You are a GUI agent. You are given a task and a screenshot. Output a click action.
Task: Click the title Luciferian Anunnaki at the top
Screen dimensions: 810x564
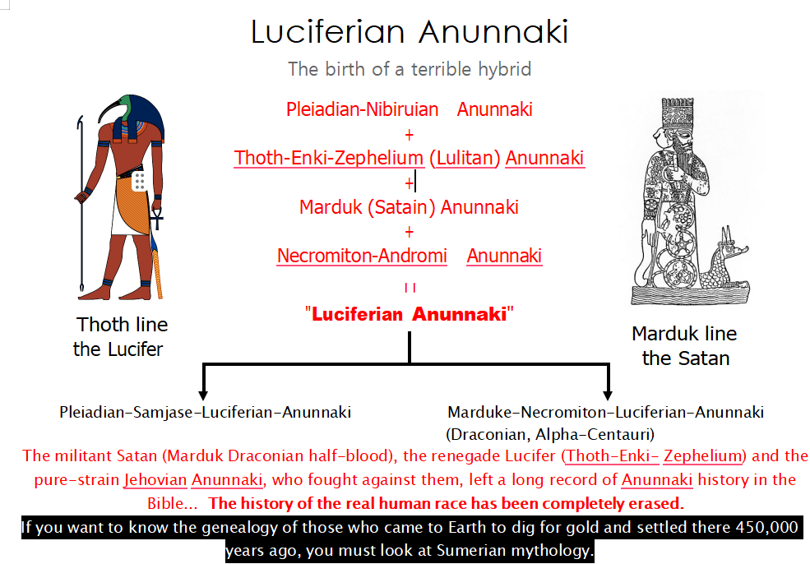pyautogui.click(x=410, y=31)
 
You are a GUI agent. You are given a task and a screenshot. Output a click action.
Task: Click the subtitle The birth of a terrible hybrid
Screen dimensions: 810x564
pyautogui.click(x=410, y=69)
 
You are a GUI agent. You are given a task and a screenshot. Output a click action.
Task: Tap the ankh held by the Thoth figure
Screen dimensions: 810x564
pyautogui.click(x=156, y=219)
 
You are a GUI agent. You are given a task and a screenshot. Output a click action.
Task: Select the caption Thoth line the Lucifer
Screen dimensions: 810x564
pyautogui.click(x=120, y=337)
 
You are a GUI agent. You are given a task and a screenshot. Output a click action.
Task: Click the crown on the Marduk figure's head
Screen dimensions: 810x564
pyautogui.click(x=678, y=113)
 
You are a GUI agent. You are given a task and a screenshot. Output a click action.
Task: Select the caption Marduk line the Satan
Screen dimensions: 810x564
pyautogui.click(x=685, y=346)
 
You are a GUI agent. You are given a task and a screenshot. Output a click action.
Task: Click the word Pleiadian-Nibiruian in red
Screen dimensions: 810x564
pyautogui.click(x=362, y=109)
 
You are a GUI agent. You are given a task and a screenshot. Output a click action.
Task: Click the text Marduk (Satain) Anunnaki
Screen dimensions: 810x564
pyautogui.click(x=410, y=207)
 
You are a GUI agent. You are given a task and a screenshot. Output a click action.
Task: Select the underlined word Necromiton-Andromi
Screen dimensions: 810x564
pyautogui.click(x=362, y=256)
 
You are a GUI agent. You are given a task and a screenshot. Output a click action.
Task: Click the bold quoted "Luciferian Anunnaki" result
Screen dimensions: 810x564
pyautogui.click(x=410, y=314)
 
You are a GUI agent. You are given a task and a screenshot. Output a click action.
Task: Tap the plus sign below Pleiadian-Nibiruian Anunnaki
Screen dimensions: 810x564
pyautogui.click(x=410, y=135)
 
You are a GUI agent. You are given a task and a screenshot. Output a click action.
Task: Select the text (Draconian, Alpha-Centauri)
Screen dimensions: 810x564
pyautogui.click(x=550, y=434)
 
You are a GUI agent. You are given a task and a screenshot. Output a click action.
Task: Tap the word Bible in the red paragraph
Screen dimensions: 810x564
pyautogui.click(x=166, y=503)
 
